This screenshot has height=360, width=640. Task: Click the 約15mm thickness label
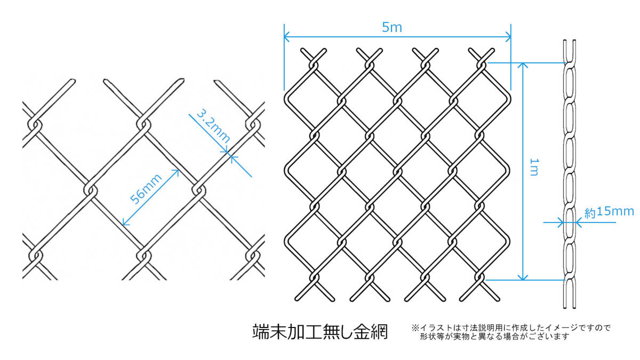[x=609, y=212]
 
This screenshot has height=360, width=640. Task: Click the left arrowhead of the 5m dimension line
[x=287, y=37]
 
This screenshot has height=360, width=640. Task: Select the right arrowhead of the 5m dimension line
[x=508, y=37]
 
